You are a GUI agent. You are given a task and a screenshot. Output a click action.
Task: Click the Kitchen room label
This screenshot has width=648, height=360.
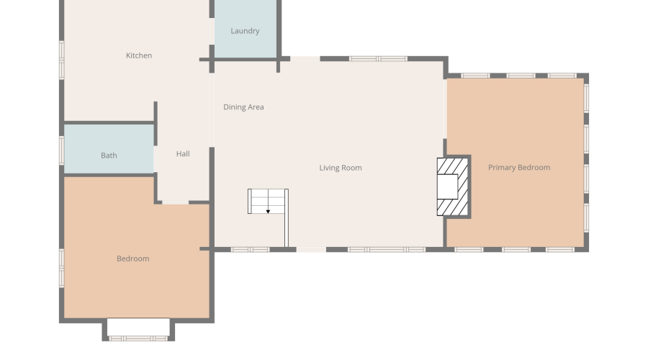click(139, 55)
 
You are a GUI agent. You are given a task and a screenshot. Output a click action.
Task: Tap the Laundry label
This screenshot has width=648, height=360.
click(245, 31)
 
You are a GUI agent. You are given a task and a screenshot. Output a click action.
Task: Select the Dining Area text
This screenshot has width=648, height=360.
click(243, 107)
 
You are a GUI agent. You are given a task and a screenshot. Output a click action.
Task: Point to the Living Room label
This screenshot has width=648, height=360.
click(341, 168)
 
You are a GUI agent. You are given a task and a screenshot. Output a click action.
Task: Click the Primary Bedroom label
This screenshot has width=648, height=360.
click(519, 167)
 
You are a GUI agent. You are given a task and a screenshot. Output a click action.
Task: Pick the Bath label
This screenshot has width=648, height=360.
click(109, 156)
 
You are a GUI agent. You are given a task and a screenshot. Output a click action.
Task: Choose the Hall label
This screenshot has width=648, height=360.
click(183, 154)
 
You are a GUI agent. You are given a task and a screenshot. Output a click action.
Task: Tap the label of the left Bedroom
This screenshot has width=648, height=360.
click(132, 258)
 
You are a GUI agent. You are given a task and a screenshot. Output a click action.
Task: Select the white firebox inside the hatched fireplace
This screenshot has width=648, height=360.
click(448, 186)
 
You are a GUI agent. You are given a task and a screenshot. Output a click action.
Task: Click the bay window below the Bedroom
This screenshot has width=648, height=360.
click(138, 338)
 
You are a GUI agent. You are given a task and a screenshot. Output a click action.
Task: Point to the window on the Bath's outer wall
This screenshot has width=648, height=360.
click(62, 150)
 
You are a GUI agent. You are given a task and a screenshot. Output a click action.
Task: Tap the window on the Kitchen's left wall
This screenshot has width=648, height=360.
click(62, 60)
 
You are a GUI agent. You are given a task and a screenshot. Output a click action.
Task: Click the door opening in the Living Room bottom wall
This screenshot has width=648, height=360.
click(311, 250)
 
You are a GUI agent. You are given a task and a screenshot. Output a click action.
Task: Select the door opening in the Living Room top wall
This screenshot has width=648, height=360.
click(305, 59)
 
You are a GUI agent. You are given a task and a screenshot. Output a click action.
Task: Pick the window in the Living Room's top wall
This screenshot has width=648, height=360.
click(378, 59)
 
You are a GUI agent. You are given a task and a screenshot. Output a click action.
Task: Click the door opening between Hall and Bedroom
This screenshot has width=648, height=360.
click(175, 202)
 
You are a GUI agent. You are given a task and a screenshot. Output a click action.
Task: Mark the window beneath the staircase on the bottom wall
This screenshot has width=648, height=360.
click(250, 250)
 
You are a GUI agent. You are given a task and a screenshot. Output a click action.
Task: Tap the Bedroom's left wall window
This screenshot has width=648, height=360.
click(62, 269)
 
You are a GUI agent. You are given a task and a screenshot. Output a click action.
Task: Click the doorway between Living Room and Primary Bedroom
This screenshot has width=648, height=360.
click(445, 109)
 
